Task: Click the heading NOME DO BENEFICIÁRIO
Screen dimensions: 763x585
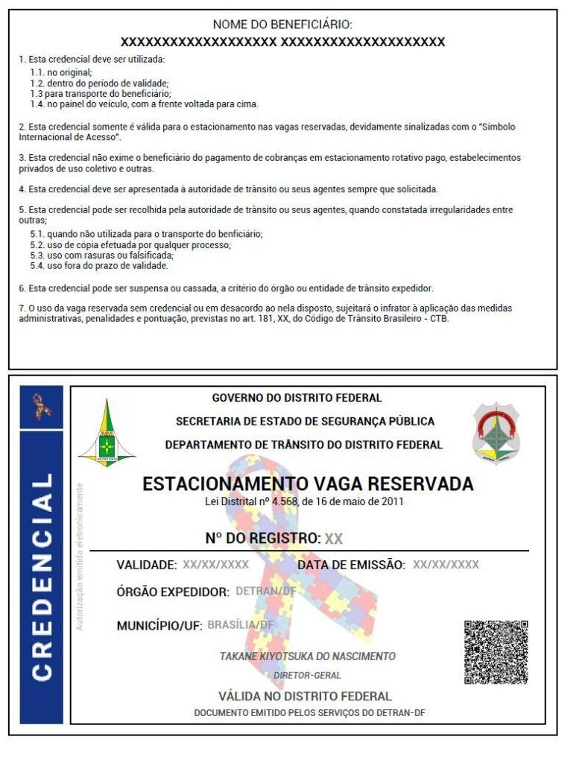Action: pyautogui.click(x=282, y=25)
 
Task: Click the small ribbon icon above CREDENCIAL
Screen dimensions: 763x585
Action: pyautogui.click(x=41, y=405)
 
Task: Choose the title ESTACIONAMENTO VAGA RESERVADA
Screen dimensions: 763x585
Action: pyautogui.click(x=307, y=484)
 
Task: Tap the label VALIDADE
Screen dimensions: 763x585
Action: pyautogui.click(x=146, y=565)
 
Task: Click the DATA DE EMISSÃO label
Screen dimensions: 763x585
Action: pyautogui.click(x=351, y=565)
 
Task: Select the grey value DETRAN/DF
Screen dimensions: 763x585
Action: pyautogui.click(x=265, y=591)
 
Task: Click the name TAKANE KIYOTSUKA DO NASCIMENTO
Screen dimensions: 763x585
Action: pyautogui.click(x=307, y=656)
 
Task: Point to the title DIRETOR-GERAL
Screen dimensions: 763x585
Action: pyautogui.click(x=307, y=675)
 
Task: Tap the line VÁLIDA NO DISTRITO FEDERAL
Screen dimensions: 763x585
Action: pyautogui.click(x=304, y=697)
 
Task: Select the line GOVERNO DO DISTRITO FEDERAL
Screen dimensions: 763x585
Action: pyautogui.click(x=297, y=398)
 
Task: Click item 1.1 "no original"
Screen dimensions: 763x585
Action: pyautogui.click(x=60, y=73)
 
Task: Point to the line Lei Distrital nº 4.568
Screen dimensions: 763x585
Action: pyautogui.click(x=304, y=501)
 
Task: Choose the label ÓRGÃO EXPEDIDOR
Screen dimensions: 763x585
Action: pyautogui.click(x=173, y=592)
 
